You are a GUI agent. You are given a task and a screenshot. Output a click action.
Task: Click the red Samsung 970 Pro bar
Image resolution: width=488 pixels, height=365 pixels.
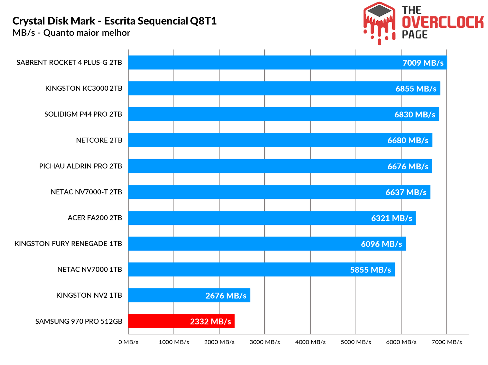pyautogui.click(x=159, y=321)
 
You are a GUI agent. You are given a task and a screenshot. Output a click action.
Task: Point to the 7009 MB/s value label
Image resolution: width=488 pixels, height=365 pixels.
pyautogui.click(x=423, y=63)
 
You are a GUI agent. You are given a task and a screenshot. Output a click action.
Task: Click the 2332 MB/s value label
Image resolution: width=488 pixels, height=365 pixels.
pyautogui.click(x=210, y=321)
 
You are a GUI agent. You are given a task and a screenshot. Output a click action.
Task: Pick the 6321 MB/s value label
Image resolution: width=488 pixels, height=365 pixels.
pyautogui.click(x=391, y=218)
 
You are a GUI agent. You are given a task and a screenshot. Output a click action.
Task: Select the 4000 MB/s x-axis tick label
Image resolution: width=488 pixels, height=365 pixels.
pyautogui.click(x=310, y=342)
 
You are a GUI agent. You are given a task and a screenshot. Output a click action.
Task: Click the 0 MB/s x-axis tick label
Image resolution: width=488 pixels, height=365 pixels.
pyautogui.click(x=128, y=342)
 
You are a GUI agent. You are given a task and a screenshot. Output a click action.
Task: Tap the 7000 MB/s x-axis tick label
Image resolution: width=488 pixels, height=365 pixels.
pyautogui.click(x=447, y=342)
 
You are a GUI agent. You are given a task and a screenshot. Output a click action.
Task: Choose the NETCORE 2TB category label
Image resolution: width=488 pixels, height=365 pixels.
pyautogui.click(x=99, y=140)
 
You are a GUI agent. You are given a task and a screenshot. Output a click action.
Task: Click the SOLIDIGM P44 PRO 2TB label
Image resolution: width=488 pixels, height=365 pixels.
pyautogui.click(x=83, y=114)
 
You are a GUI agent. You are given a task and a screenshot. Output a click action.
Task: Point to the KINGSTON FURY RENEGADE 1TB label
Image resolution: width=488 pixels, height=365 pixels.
pyautogui.click(x=68, y=244)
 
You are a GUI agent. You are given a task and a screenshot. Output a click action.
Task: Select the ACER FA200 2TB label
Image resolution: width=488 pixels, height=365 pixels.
pyautogui.click(x=95, y=218)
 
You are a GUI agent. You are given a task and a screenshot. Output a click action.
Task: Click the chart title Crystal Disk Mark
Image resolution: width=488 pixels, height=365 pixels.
pyautogui.click(x=114, y=21)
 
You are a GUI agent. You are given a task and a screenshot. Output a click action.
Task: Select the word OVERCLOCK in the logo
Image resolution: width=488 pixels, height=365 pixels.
pyautogui.click(x=443, y=22)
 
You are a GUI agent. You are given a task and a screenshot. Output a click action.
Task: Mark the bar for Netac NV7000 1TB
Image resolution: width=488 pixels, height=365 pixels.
pyautogui.click(x=238, y=269)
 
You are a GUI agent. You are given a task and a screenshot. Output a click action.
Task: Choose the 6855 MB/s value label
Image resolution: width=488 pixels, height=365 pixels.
pyautogui.click(x=416, y=89)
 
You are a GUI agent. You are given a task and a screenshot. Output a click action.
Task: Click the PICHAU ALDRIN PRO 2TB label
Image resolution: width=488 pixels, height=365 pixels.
pyautogui.click(x=81, y=166)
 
